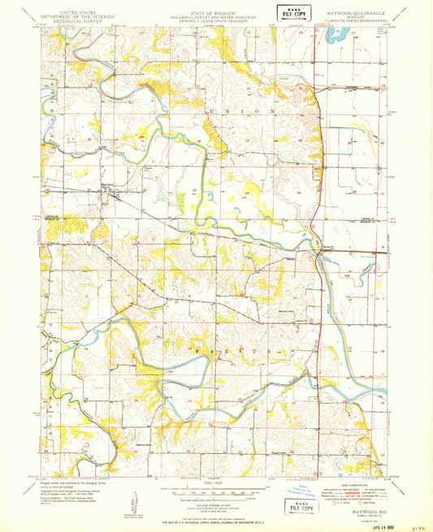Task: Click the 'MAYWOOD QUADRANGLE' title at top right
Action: click(357, 12)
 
